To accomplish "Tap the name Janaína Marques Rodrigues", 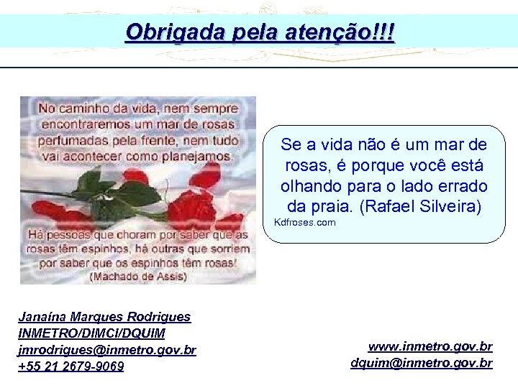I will [x=104, y=317].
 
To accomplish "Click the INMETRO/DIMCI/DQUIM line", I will [x=91, y=333].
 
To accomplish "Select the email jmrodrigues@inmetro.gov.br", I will [x=106, y=350].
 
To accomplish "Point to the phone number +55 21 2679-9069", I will [x=71, y=366].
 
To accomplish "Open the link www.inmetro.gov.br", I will [x=430, y=346].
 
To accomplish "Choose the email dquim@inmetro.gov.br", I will [x=422, y=363].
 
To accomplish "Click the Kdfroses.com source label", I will [x=304, y=223].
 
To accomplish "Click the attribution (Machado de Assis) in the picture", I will [x=138, y=275].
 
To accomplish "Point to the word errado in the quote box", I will [x=463, y=186].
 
